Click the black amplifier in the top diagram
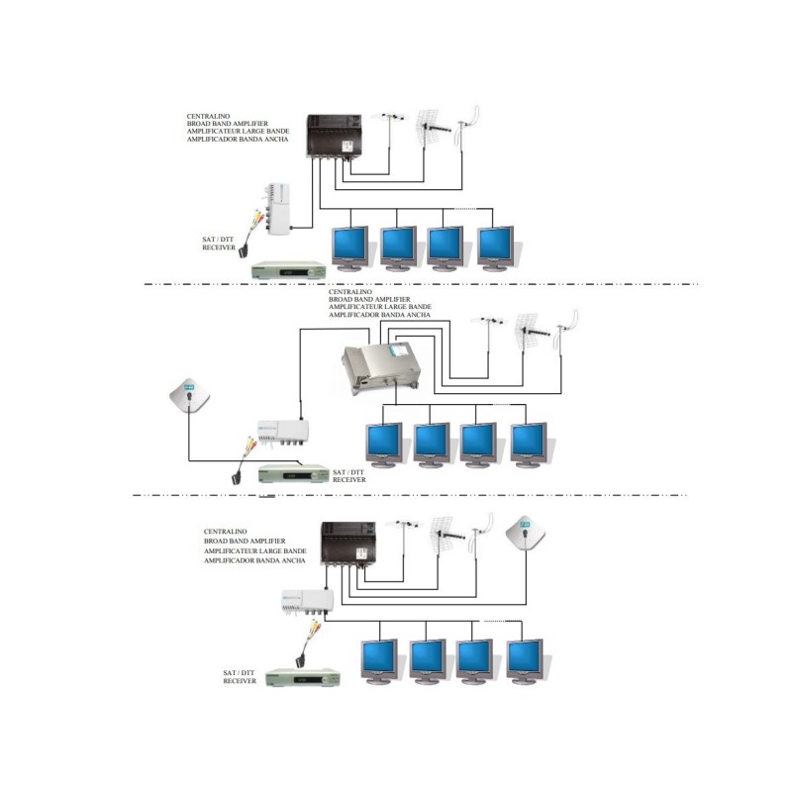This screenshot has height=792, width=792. point(332,138)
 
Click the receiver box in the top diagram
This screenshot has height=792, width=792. point(288,268)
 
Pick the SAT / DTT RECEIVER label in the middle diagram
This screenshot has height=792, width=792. point(349,475)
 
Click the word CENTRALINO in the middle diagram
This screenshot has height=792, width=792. point(351,293)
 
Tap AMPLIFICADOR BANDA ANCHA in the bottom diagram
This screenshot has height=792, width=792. point(254,560)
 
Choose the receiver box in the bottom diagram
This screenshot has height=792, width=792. point(306,678)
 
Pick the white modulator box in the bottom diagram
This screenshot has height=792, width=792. point(306,600)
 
